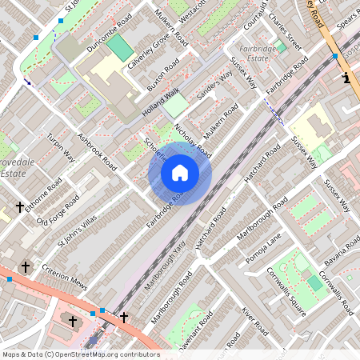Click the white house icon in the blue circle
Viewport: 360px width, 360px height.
[x=180, y=172]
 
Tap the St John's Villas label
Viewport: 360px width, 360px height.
[x=78, y=231]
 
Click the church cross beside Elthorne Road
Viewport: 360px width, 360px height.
[x=20, y=207]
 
